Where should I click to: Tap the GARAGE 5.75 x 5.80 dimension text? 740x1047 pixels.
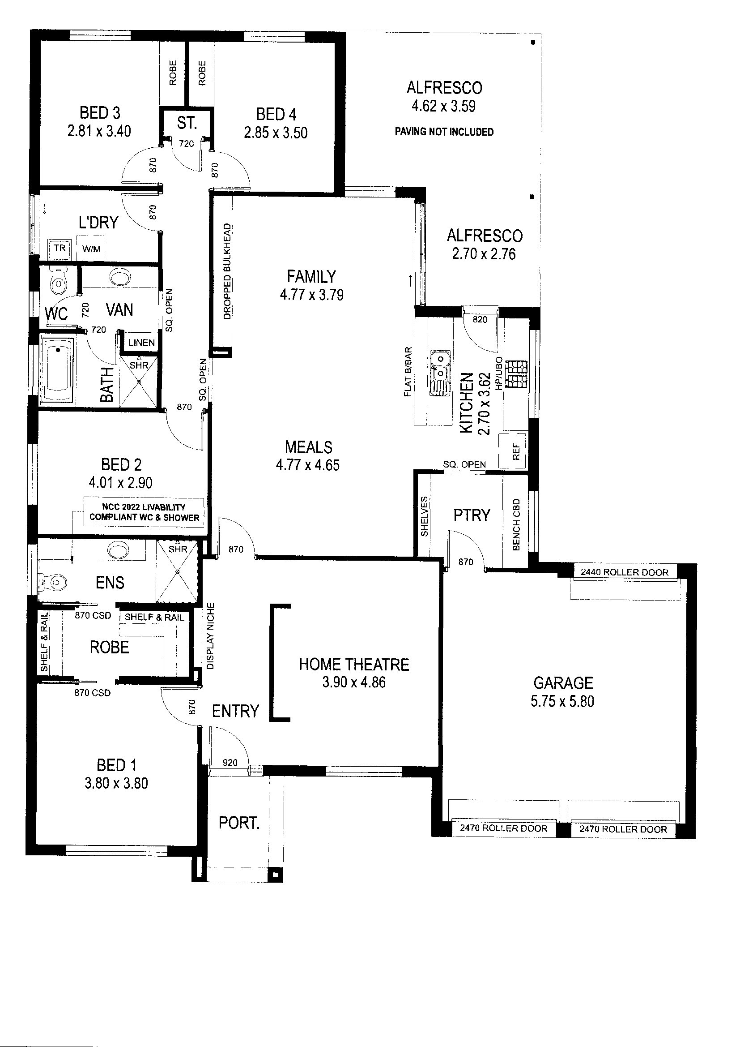(562, 701)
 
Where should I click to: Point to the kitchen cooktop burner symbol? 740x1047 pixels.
(518, 374)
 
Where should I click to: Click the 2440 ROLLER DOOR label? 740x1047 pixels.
(624, 572)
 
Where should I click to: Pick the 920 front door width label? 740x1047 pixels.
(230, 762)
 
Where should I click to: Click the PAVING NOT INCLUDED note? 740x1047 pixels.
(444, 132)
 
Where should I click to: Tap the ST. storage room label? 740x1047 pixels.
(187, 123)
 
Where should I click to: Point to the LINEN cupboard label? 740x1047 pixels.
(142, 343)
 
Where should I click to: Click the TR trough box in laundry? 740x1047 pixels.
(60, 249)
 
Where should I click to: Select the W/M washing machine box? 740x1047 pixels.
(91, 249)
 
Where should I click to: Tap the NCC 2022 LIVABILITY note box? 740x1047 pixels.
(144, 513)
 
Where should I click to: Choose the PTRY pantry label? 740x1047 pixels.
(472, 515)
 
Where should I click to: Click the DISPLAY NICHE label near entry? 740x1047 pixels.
(210, 636)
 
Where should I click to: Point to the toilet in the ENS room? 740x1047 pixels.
(52, 582)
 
